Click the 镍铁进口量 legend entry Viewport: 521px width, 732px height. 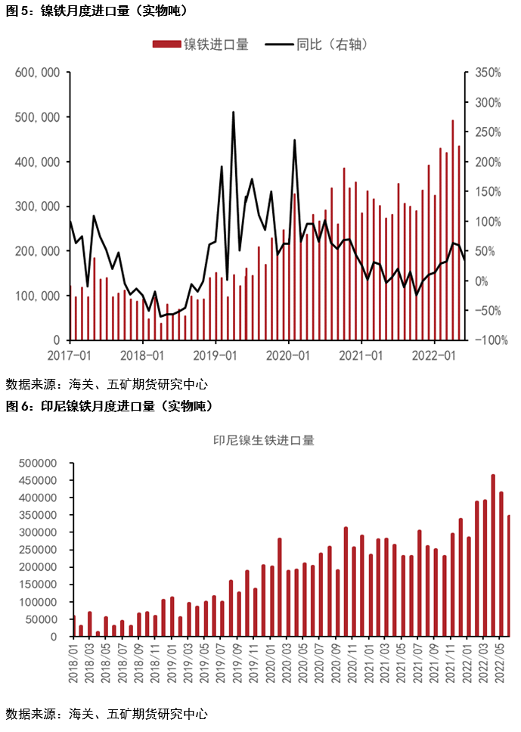(202, 45)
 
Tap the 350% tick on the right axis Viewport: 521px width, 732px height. (487, 73)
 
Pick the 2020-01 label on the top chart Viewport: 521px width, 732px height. (289, 355)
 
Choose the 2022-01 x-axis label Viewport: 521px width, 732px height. (436, 355)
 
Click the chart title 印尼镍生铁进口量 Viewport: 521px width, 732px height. (263, 439)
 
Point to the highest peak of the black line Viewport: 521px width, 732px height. (233, 112)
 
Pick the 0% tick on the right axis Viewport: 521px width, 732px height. (481, 281)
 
